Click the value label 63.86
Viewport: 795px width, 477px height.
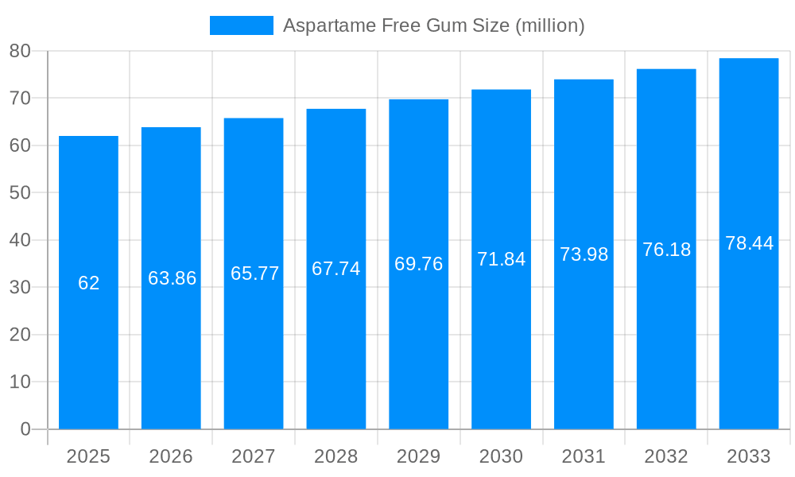[172, 278]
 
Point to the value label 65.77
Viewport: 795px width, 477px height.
[254, 273]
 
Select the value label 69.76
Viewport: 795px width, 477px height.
[418, 264]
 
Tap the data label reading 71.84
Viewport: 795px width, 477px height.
[501, 259]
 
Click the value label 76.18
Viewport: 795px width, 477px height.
[666, 250]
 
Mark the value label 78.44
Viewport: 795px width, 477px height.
[749, 243]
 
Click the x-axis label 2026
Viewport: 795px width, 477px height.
[171, 456]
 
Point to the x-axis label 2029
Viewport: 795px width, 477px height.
[418, 456]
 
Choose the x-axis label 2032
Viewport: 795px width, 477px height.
[666, 456]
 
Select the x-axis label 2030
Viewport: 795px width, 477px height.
[501, 456]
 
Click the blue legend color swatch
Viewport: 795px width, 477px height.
[241, 25]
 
